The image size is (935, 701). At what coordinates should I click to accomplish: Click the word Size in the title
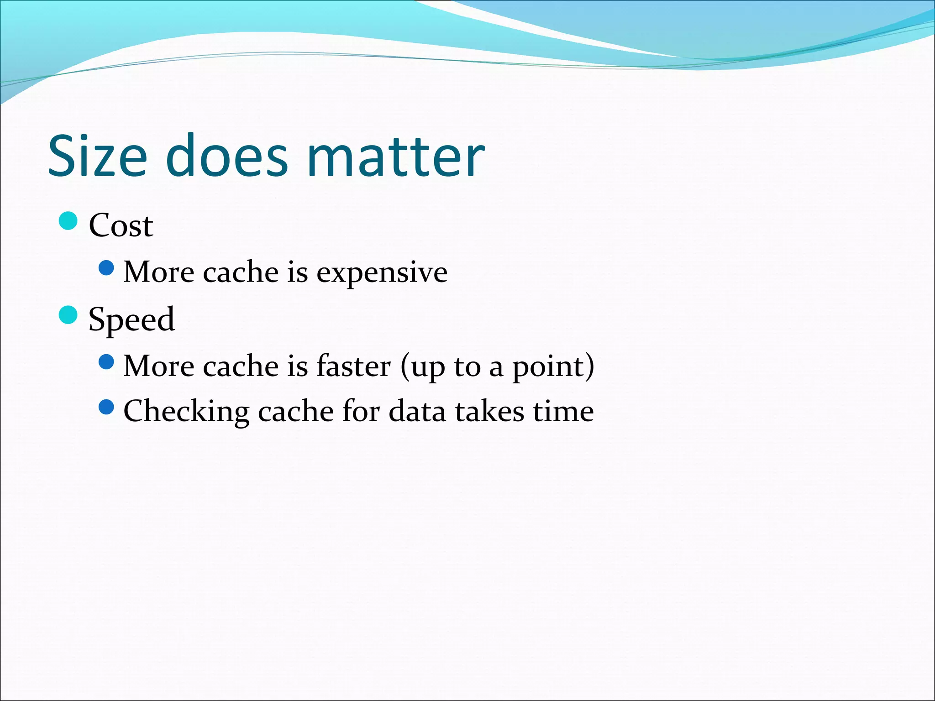(x=98, y=156)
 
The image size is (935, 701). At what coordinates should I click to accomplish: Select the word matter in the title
(x=396, y=156)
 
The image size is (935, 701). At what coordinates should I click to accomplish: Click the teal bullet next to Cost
(x=68, y=221)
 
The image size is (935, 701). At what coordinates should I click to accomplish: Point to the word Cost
(x=121, y=225)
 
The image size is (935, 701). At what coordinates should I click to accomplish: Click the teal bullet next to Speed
(x=68, y=315)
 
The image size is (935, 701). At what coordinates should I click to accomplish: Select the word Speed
(x=131, y=319)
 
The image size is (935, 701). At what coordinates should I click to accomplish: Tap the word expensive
(x=382, y=273)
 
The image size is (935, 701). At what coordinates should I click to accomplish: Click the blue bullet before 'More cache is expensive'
(x=106, y=268)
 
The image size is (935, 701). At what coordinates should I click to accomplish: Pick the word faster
(x=353, y=366)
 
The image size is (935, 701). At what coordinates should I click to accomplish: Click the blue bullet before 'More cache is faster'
(x=106, y=362)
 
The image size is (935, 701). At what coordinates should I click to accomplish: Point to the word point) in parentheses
(x=553, y=367)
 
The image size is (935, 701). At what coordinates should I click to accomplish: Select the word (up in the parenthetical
(x=422, y=367)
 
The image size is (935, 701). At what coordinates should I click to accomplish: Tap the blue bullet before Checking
(x=106, y=407)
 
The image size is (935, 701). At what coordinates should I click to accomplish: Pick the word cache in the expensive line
(x=241, y=273)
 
